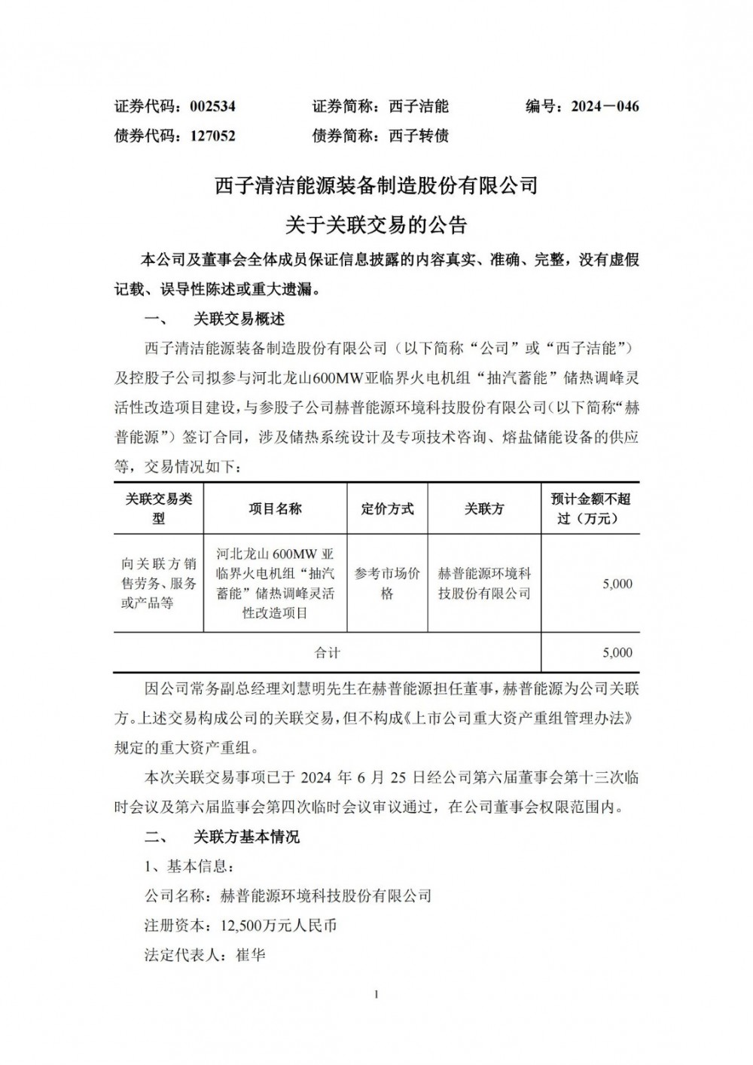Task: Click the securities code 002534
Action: point(212,106)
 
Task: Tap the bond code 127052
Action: point(212,136)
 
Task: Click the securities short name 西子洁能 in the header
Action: point(419,106)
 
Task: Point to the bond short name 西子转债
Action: point(419,136)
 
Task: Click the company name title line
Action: point(376,185)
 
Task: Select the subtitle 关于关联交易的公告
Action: point(376,224)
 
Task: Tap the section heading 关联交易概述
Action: point(239,319)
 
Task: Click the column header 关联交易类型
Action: point(158,508)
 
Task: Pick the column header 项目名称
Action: point(275,509)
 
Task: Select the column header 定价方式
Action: point(387,509)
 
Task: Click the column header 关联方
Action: point(484,509)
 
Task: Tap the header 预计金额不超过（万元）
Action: point(590,508)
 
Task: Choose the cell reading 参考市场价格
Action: point(387,584)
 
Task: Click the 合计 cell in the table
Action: point(327,653)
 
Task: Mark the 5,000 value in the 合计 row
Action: point(617,653)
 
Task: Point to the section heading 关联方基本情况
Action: point(246,837)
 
